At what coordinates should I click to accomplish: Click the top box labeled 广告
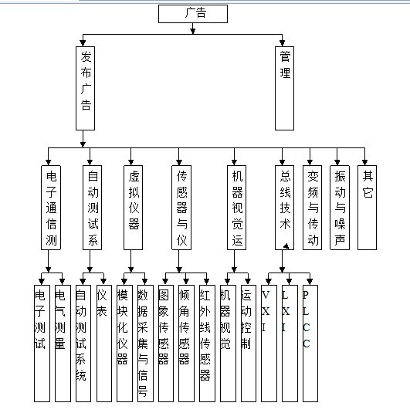coord(193,14)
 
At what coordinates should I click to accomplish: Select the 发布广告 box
coord(85,88)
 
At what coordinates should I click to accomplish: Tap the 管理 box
coord(284,88)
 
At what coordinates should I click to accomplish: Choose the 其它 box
coord(367,208)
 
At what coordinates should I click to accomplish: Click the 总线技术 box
coord(284,208)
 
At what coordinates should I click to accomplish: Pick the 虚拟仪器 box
coord(133,208)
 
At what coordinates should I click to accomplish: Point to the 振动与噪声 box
coord(340,208)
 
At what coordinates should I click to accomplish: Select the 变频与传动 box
coord(312,208)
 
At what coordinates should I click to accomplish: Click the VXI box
coord(269,344)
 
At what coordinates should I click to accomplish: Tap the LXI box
coord(290,344)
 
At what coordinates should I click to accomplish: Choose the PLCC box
coord(310,344)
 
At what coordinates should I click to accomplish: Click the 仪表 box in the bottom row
coord(104,344)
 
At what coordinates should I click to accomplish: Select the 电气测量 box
coord(63,344)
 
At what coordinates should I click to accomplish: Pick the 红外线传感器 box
coord(207,344)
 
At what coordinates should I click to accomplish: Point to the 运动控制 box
coord(249,344)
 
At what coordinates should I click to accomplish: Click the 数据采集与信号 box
coord(145,344)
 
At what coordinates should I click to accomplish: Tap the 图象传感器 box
coord(166,344)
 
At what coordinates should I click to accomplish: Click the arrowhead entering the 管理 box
coord(282,43)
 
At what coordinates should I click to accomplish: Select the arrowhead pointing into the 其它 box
coord(364,162)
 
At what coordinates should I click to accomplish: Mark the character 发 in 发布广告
coord(86,56)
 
